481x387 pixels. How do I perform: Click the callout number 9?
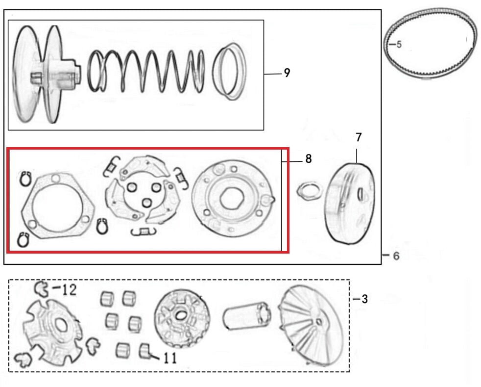point(287,73)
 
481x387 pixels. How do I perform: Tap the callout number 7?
point(359,137)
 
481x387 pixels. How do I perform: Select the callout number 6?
point(396,256)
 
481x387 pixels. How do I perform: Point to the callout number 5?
point(399,45)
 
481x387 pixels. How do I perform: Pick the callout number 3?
point(364,299)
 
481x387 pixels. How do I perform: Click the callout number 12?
point(69,289)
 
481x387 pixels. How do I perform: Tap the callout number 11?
point(169,358)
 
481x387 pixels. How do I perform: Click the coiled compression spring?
point(146,71)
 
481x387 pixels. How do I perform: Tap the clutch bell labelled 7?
point(350,202)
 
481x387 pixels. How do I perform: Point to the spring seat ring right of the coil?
point(230,71)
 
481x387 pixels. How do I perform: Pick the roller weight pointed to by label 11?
point(144,351)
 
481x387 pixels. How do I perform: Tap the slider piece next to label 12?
point(43,289)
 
